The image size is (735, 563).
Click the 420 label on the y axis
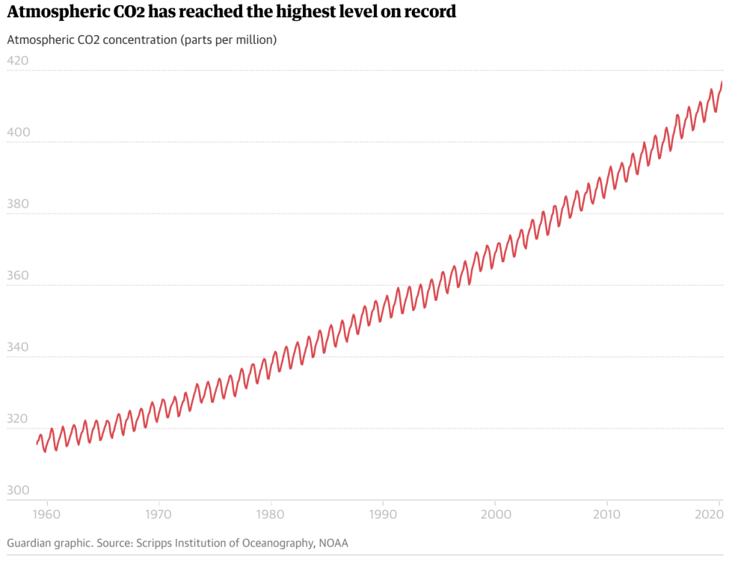(17, 60)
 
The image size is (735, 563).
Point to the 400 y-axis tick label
(17, 132)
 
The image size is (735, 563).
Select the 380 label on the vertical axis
(17, 204)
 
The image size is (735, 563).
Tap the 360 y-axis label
(17, 276)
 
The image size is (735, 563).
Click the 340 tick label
(17, 348)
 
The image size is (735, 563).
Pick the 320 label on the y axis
(17, 419)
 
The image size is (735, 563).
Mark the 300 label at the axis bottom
(17, 491)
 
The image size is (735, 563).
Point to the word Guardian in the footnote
(30, 543)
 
